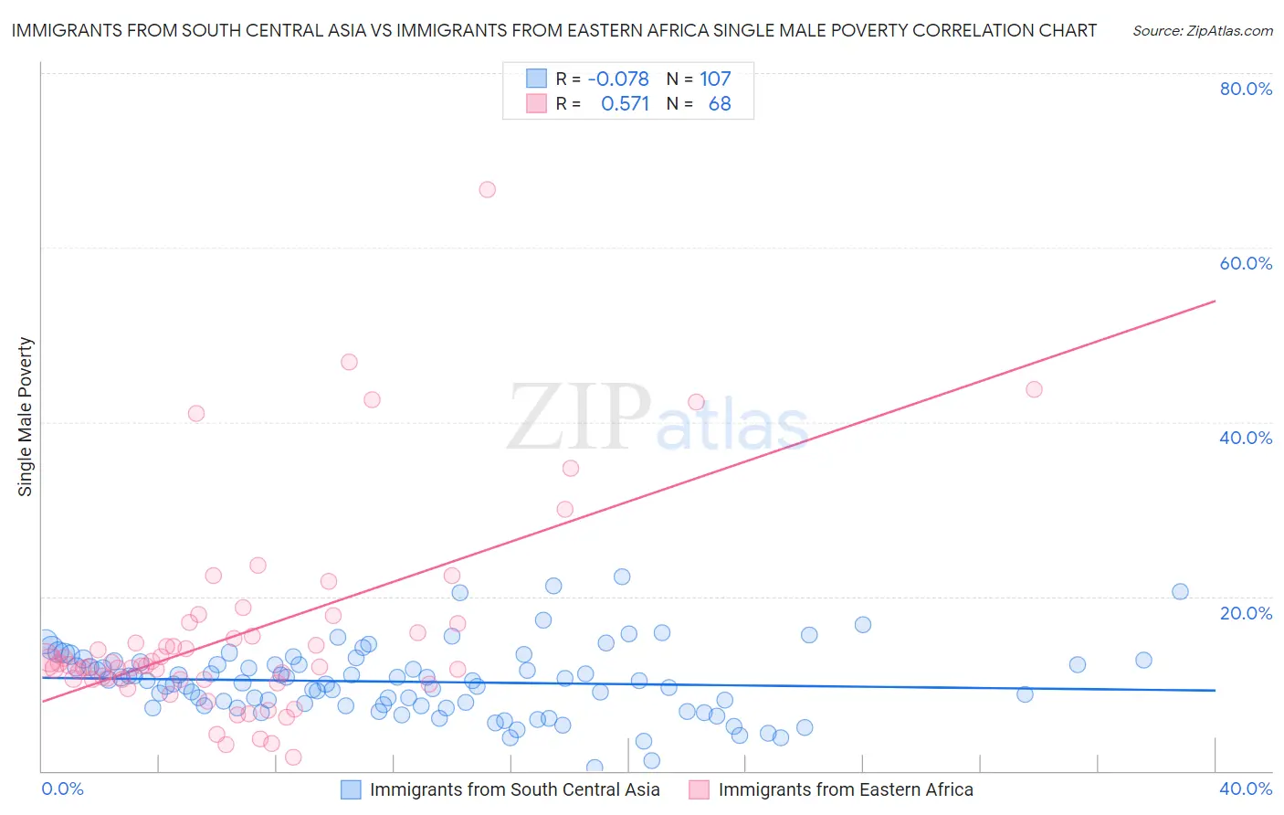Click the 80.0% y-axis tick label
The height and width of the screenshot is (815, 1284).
[x=1246, y=89]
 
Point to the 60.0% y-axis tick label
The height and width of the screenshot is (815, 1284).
[x=1246, y=263]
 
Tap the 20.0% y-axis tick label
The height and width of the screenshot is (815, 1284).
[x=1246, y=613]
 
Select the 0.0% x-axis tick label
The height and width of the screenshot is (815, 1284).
[x=63, y=789]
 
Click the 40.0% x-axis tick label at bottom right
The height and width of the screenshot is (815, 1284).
[x=1246, y=789]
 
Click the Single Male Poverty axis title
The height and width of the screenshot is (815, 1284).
[x=26, y=417]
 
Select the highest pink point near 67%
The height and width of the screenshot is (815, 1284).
[x=488, y=190]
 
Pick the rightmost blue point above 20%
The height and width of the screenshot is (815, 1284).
[x=1180, y=591]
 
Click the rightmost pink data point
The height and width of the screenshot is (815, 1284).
[x=1034, y=389]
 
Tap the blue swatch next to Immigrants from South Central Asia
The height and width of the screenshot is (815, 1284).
[x=351, y=789]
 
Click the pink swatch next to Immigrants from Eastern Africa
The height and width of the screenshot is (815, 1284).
[x=700, y=789]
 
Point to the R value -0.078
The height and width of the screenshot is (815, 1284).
[x=618, y=79]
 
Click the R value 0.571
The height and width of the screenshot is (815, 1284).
[x=625, y=104]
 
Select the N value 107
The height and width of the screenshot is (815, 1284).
[x=715, y=79]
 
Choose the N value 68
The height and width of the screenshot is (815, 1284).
[x=720, y=104]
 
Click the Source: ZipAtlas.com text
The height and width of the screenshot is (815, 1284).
[x=1202, y=31]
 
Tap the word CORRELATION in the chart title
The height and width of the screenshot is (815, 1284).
[x=974, y=30]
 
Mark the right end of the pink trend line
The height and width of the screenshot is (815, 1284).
[x=1216, y=301]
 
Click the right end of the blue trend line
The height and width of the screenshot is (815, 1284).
[x=1216, y=691]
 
